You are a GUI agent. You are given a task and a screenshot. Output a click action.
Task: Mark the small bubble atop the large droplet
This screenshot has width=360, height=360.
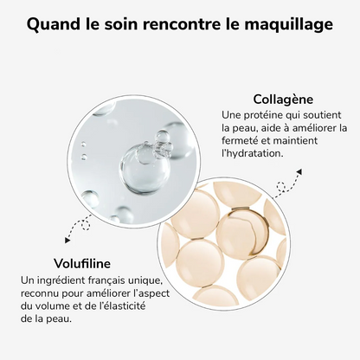162,137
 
